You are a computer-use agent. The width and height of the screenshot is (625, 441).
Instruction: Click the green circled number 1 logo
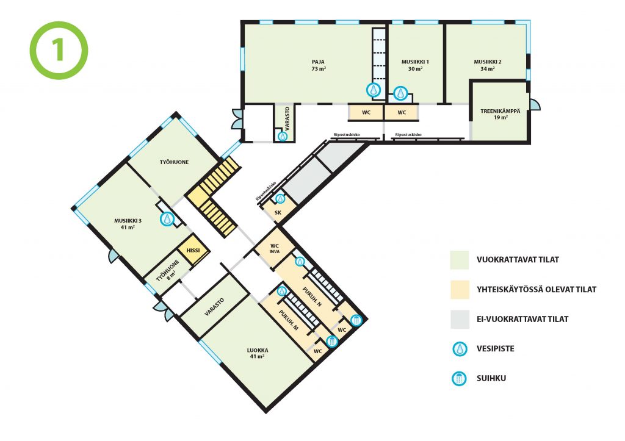[x=59, y=50]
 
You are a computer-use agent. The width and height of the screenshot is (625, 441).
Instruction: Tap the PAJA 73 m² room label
[x=319, y=65]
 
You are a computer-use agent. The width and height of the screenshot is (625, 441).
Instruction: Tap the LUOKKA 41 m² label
[x=258, y=353]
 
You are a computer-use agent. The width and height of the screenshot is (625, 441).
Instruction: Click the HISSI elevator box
[x=193, y=250]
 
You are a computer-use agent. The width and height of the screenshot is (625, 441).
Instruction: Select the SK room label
[x=278, y=212]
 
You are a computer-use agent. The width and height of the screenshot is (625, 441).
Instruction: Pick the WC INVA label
[x=275, y=248]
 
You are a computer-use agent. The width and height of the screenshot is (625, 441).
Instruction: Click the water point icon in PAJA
[x=374, y=90]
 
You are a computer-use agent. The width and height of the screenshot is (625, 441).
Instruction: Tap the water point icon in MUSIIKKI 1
[x=400, y=93]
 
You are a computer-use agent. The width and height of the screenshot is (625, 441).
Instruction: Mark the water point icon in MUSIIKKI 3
[x=167, y=219]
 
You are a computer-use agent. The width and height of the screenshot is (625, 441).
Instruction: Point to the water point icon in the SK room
[x=281, y=198]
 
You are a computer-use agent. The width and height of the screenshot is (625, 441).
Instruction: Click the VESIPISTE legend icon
[x=460, y=349]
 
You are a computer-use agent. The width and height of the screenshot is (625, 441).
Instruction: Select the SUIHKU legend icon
[x=459, y=378]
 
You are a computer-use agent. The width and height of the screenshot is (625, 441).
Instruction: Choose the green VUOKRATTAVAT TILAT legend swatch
[x=460, y=260]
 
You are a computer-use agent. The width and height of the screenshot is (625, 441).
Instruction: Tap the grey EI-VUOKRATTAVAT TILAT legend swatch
[x=460, y=319]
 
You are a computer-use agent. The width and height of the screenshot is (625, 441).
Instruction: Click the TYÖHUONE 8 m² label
[x=168, y=271]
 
